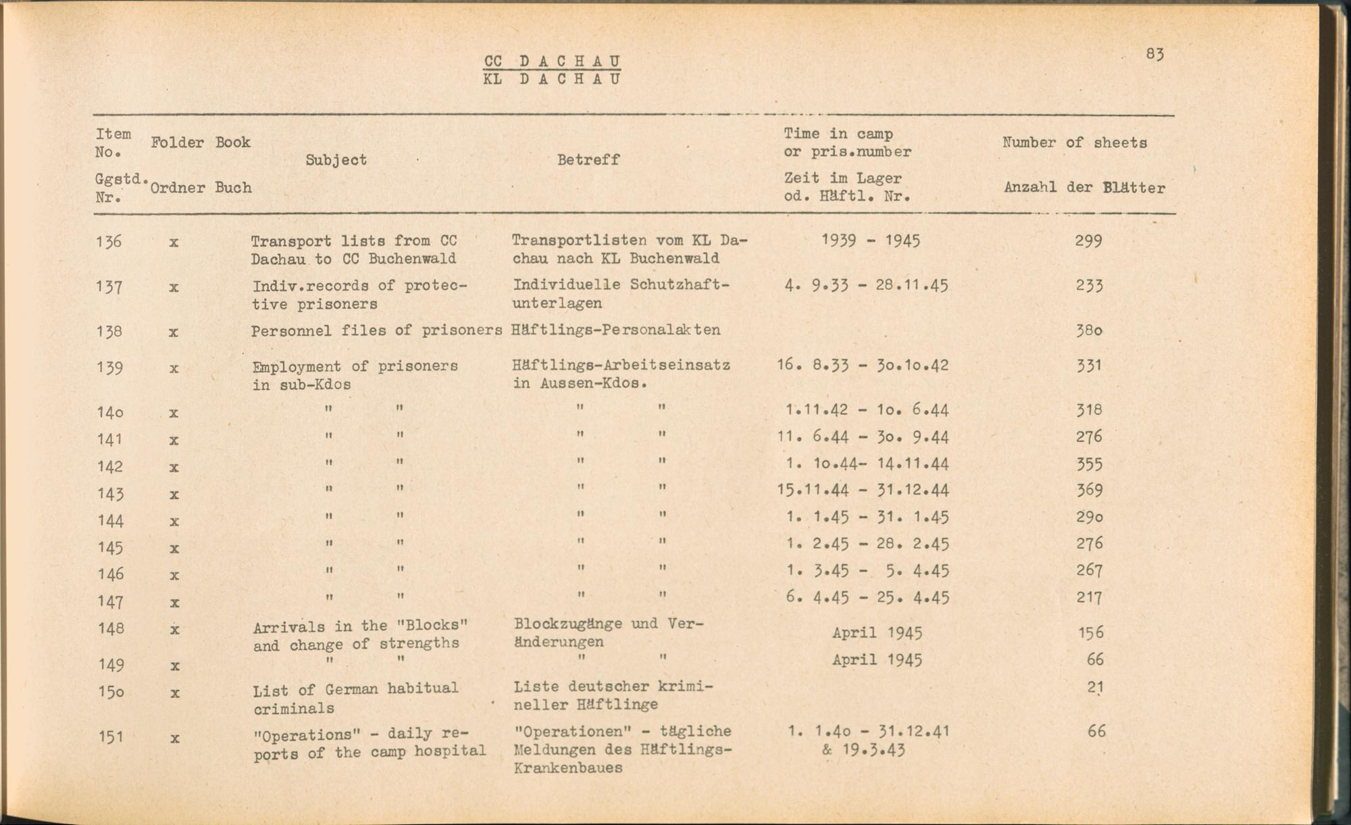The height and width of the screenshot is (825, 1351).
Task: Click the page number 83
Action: [1154, 54]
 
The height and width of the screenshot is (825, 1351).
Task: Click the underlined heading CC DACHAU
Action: [552, 61]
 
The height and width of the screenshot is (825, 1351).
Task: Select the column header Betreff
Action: [588, 160]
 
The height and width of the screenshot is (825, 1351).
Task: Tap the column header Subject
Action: [336, 160]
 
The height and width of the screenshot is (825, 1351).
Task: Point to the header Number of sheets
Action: [1074, 143]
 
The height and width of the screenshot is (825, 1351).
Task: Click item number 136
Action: [109, 241]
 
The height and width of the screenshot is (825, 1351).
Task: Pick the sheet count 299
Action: [1088, 241]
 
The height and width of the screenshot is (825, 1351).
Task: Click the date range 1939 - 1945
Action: [870, 241]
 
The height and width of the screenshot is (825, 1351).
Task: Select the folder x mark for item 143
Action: [174, 495]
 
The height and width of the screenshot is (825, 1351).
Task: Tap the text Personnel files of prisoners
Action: [376, 331]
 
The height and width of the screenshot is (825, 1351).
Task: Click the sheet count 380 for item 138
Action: [1089, 331]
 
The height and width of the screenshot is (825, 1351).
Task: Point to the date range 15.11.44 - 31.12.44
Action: [863, 490]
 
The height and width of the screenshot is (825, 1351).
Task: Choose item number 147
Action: [110, 601]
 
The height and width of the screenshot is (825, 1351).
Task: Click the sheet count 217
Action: [1089, 598]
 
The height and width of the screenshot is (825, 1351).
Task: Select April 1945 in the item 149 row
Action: [877, 659]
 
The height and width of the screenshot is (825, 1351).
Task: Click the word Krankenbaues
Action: [567, 768]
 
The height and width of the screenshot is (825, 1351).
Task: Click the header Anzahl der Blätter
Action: [1084, 188]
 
